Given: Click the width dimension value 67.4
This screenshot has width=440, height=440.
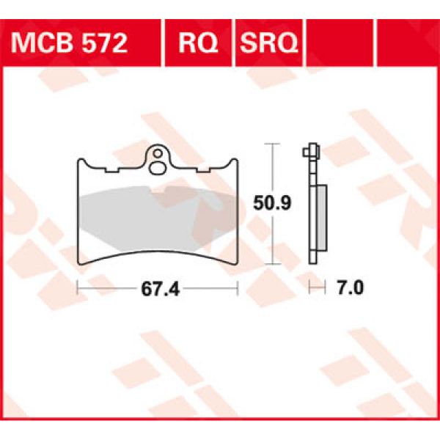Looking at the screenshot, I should click(x=157, y=289).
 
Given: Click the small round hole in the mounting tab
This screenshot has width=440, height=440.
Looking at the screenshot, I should click(x=158, y=155).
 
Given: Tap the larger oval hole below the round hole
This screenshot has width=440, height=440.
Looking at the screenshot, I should click(x=158, y=168).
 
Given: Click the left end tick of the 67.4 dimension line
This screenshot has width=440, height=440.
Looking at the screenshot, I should click(x=78, y=289).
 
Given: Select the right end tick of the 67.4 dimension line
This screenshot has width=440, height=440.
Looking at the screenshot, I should click(x=238, y=289).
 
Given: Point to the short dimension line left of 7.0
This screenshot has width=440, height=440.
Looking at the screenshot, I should click(x=316, y=289).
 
